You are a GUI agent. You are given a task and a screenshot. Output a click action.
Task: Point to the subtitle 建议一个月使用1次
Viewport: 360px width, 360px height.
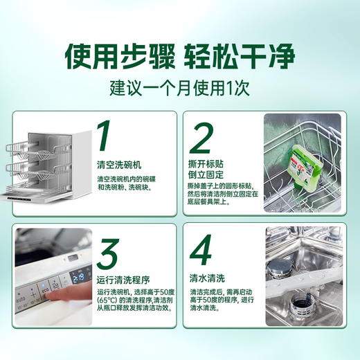(x=179, y=90)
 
